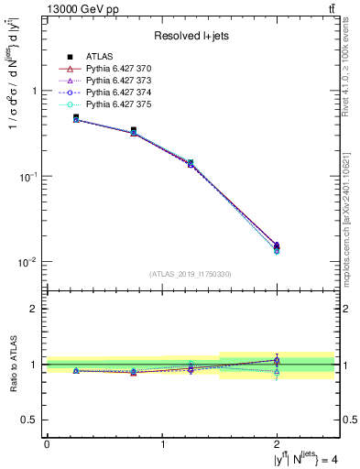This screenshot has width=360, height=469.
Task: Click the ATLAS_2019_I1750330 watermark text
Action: coord(190,273)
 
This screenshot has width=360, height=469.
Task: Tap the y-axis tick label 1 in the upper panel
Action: coord(35,92)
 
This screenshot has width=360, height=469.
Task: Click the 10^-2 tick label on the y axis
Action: coord(29,262)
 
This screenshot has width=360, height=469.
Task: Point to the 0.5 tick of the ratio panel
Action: coord(30,420)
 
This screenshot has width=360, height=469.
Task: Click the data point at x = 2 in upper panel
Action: coord(277,245)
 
